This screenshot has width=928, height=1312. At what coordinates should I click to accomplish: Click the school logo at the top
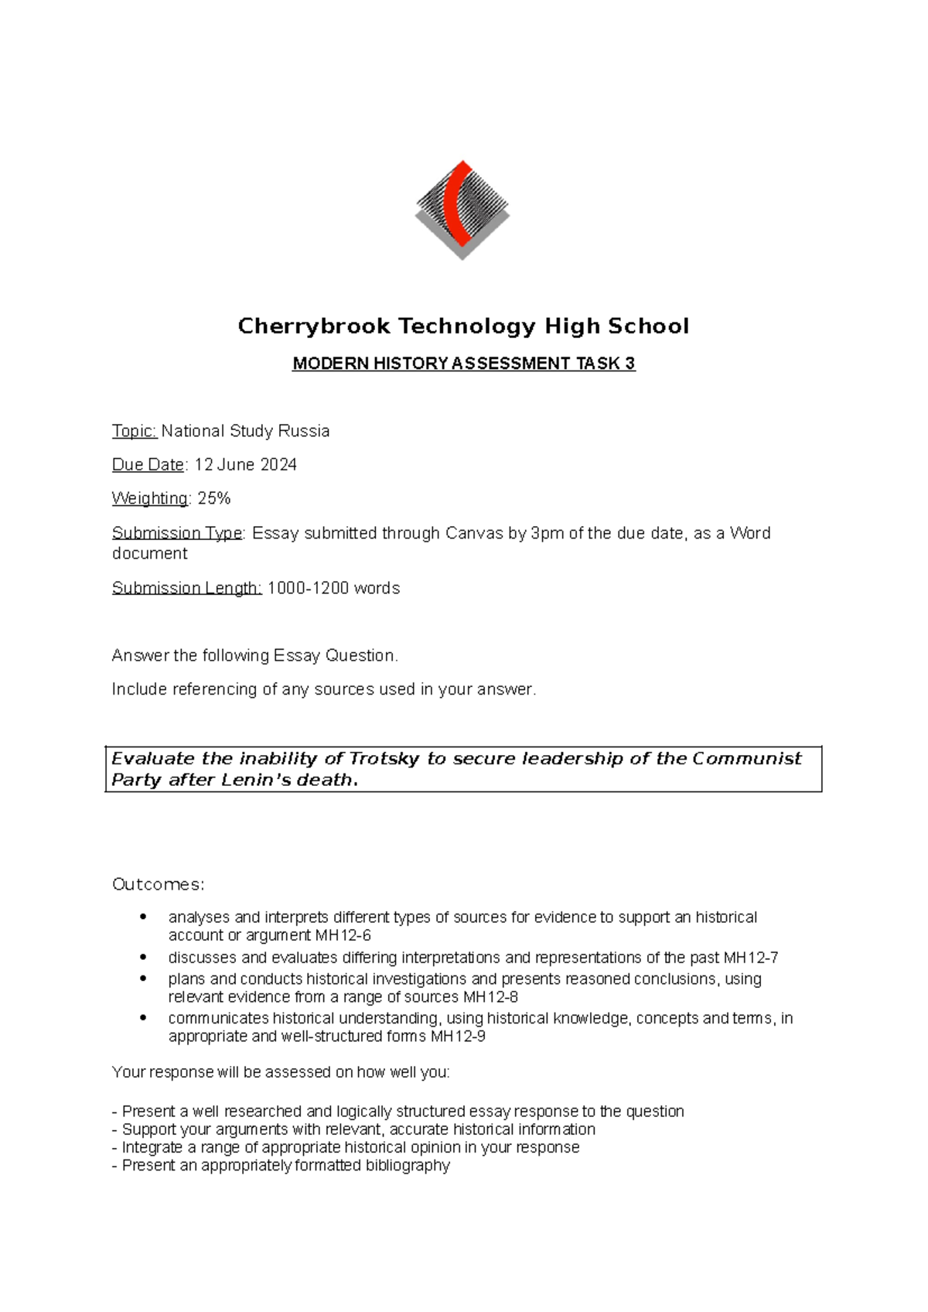[462, 210]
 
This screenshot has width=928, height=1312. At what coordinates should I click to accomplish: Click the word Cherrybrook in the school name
[313, 326]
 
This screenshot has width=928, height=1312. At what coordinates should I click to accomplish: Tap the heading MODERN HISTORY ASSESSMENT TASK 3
[463, 364]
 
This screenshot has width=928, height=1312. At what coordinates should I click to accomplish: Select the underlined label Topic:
[135, 431]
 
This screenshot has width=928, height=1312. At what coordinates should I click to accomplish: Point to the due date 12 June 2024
[245, 465]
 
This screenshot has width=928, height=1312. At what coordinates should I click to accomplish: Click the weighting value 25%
[214, 499]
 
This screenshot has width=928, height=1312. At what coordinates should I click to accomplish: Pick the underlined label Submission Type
[177, 533]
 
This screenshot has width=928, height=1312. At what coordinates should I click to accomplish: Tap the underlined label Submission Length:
[186, 588]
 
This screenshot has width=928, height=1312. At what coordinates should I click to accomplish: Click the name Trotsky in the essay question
[384, 759]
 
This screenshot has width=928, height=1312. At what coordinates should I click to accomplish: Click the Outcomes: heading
[158, 884]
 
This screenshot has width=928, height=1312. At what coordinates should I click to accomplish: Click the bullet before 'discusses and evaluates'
[142, 957]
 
